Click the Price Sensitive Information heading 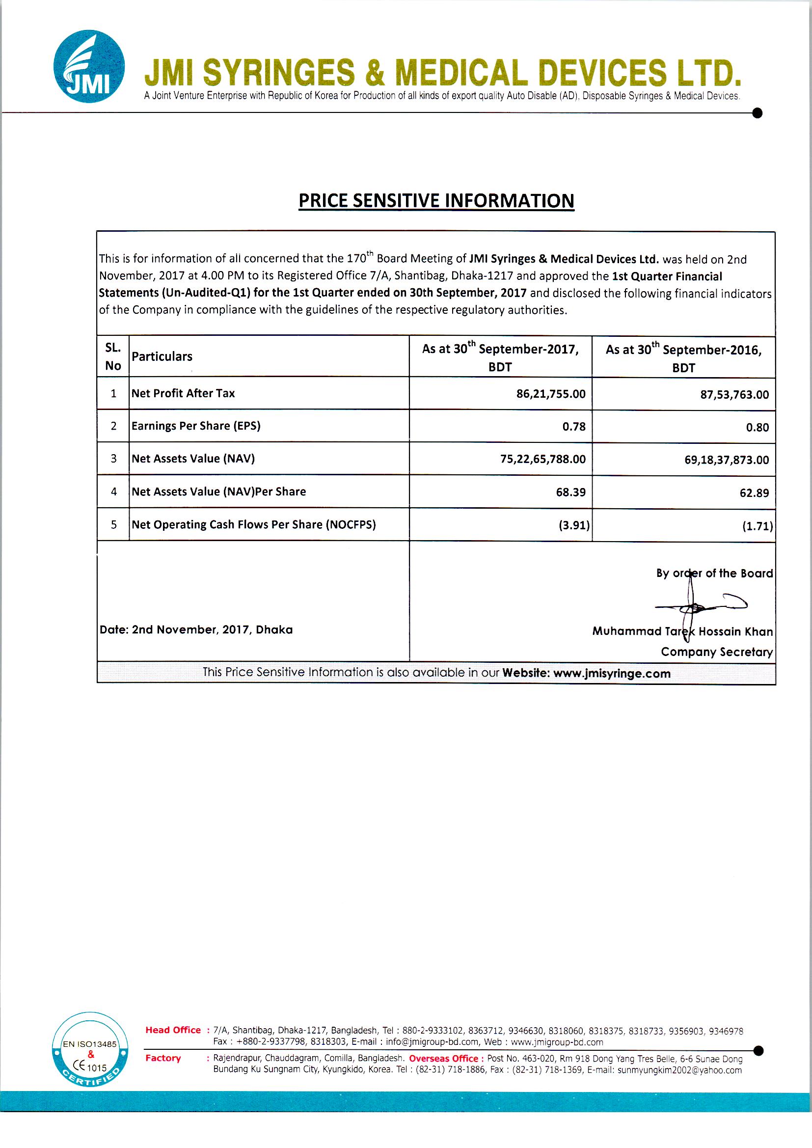(x=436, y=200)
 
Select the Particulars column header (x=162, y=356)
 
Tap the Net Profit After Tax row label (x=183, y=393)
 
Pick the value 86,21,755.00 (x=550, y=394)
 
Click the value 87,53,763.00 (x=734, y=395)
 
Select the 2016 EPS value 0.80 (x=757, y=428)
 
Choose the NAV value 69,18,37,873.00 (x=727, y=460)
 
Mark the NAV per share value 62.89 (x=754, y=493)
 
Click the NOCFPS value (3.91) (x=574, y=525)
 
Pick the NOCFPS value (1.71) (x=758, y=526)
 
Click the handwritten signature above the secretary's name (x=698, y=606)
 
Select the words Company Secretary (x=716, y=652)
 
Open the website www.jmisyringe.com (x=612, y=674)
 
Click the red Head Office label (x=173, y=1030)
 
